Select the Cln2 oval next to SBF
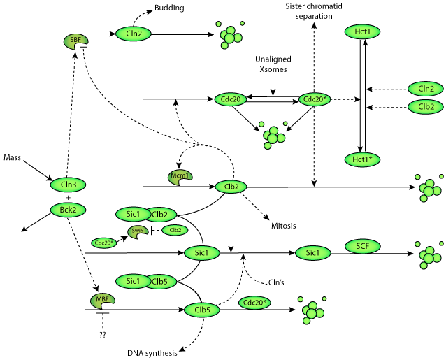134,33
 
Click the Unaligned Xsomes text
273,65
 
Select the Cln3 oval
68,185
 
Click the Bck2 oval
68,209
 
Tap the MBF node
101,301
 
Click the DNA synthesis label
151,352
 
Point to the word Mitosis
285,226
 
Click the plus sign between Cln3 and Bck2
68,198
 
